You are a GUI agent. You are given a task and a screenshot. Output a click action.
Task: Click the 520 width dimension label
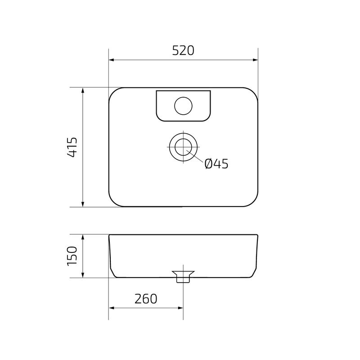pos(183,51)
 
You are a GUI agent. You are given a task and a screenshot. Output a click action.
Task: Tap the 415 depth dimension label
pos(72,147)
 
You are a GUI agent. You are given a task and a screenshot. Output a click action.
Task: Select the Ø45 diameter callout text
pos(216,164)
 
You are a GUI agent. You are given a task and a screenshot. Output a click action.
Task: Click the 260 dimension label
pos(145,298)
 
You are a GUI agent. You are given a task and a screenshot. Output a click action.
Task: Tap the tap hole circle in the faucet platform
pos(183,105)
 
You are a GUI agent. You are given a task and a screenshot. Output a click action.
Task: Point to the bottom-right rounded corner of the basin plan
pos(253,202)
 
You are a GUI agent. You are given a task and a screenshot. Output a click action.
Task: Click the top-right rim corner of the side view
pos(257,235)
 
